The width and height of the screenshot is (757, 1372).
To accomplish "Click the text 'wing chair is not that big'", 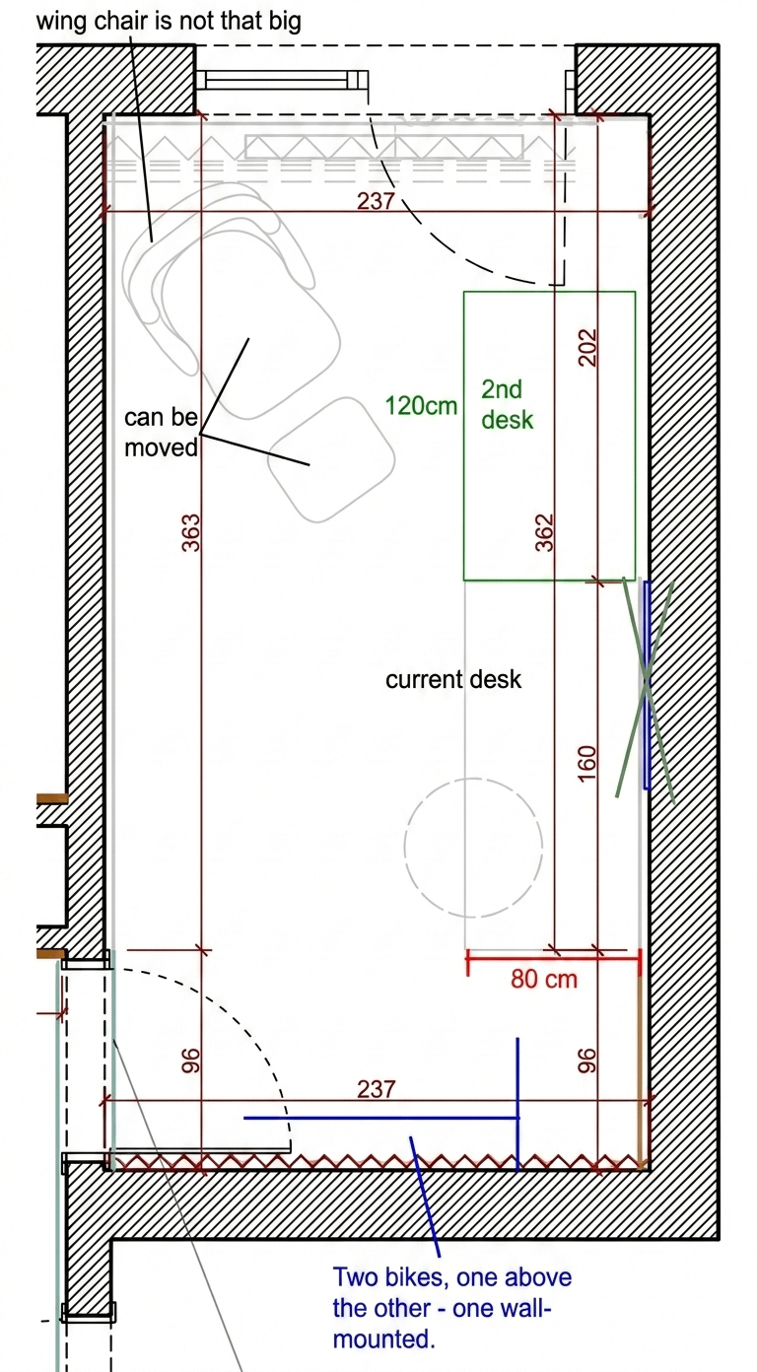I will [169, 21].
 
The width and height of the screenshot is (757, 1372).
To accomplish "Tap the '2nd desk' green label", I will [507, 404].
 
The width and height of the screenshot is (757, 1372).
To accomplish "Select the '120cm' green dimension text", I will [421, 405].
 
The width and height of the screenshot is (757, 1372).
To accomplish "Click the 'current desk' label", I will [452, 679].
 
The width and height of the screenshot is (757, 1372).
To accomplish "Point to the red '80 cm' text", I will [543, 979].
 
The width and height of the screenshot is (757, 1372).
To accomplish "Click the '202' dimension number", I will [587, 347].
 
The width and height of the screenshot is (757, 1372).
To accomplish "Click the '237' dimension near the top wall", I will [376, 201].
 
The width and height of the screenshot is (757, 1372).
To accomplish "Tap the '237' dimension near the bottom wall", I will [376, 1088].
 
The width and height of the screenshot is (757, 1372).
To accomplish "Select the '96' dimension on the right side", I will [587, 1060].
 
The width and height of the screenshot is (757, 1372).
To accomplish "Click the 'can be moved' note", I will [161, 432].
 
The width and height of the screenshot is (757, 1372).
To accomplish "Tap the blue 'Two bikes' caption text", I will [452, 1308].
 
